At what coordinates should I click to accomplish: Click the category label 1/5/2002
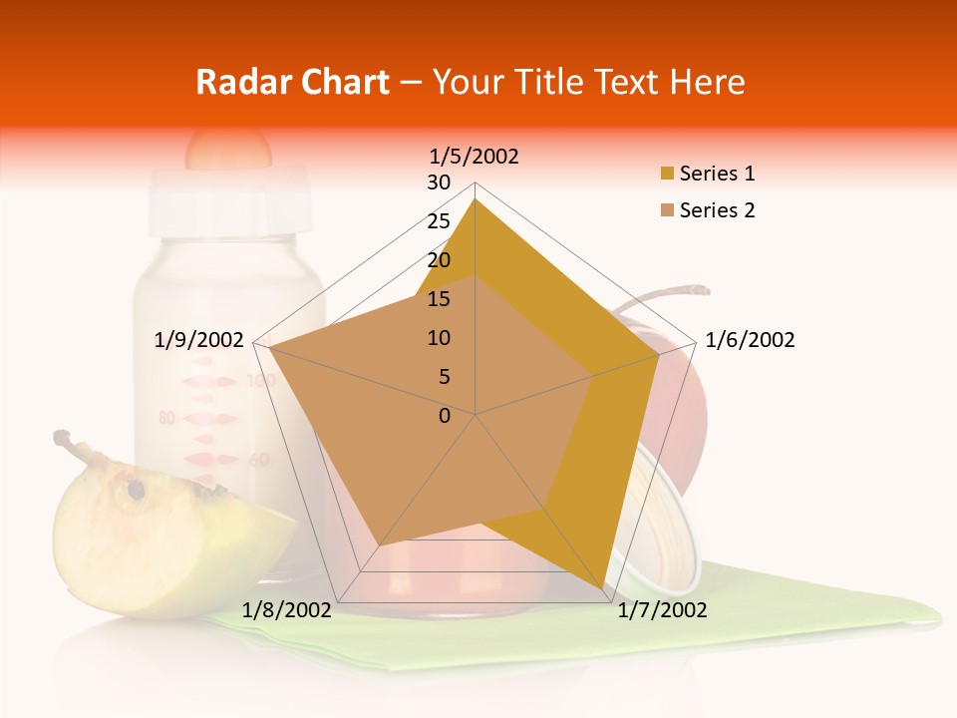pos(475,156)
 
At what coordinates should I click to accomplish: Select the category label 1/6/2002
pos(750,340)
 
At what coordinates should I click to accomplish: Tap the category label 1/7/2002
pos(662,610)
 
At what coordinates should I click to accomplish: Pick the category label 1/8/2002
pos(287,610)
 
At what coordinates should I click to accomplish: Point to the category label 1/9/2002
pos(199,340)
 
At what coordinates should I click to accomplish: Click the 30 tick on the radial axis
pos(439,182)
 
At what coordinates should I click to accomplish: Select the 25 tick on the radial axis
pos(439,221)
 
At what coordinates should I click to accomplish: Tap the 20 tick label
pos(439,260)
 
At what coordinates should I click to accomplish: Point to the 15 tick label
pos(439,299)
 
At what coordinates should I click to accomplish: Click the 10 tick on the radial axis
pos(439,338)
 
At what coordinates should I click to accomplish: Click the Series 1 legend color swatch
pos(666,175)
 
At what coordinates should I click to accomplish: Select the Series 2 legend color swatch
pos(666,210)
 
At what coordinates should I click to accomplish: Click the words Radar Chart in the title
pos(292,82)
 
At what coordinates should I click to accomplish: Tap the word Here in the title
pos(708,82)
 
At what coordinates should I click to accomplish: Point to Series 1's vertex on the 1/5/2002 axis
pos(476,199)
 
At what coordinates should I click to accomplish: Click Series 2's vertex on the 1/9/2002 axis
pos(270,349)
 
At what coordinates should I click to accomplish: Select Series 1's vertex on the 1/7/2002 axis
pos(607,595)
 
